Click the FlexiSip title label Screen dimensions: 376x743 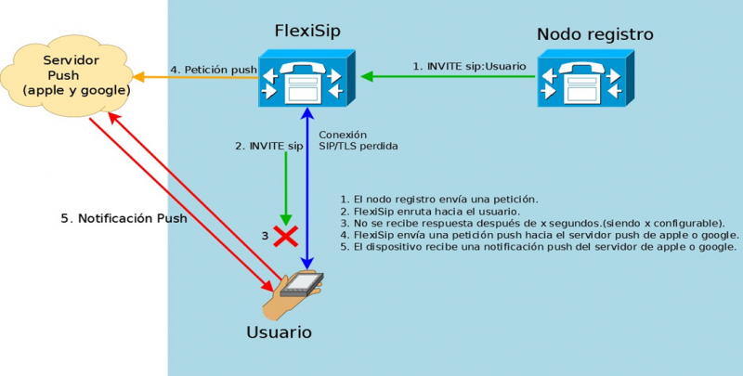pos(306,32)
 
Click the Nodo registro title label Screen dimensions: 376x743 pos(594,34)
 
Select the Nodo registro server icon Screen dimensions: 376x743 pos(586,77)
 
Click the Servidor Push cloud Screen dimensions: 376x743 pos(71,77)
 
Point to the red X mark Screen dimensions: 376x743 pos(284,235)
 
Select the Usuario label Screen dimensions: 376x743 pos(279,331)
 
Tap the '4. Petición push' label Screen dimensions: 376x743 pos(213,68)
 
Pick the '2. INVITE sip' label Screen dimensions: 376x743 pos(269,146)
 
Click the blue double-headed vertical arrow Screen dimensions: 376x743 pos(307,186)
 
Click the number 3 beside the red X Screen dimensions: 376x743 pos(264,236)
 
